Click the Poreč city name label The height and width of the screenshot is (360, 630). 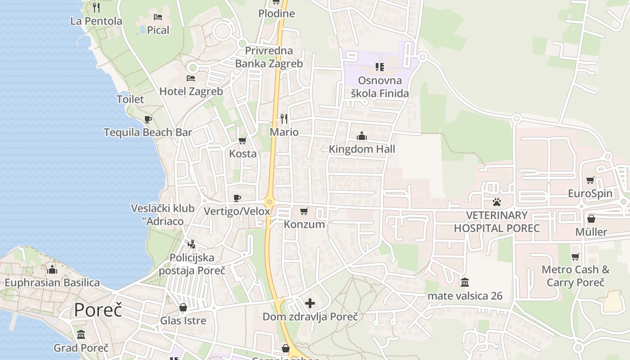[98, 310]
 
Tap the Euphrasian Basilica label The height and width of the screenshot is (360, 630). [52, 283]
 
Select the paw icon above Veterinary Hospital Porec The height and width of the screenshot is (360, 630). [496, 202]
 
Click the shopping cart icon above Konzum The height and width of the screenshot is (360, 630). [304, 211]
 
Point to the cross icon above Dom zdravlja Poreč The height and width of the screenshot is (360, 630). [310, 304]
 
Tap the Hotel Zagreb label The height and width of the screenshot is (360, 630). [191, 91]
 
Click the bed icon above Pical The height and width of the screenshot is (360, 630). [158, 17]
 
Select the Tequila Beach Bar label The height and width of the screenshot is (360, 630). [148, 132]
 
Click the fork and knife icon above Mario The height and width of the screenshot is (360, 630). [284, 119]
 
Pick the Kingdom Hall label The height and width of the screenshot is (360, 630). [362, 149]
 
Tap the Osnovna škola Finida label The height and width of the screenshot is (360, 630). [380, 87]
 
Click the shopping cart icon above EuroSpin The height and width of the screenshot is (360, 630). [590, 180]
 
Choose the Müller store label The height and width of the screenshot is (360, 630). [591, 232]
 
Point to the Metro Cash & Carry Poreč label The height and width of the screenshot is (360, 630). [576, 276]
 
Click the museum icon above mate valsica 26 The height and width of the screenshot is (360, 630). [465, 283]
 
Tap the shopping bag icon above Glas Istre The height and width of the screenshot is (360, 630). [183, 308]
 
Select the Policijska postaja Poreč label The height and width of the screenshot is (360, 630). [192, 264]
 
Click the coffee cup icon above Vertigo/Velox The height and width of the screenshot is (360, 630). [237, 198]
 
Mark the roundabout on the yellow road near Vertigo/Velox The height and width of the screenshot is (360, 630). [270, 202]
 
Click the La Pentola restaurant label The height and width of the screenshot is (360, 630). [96, 21]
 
